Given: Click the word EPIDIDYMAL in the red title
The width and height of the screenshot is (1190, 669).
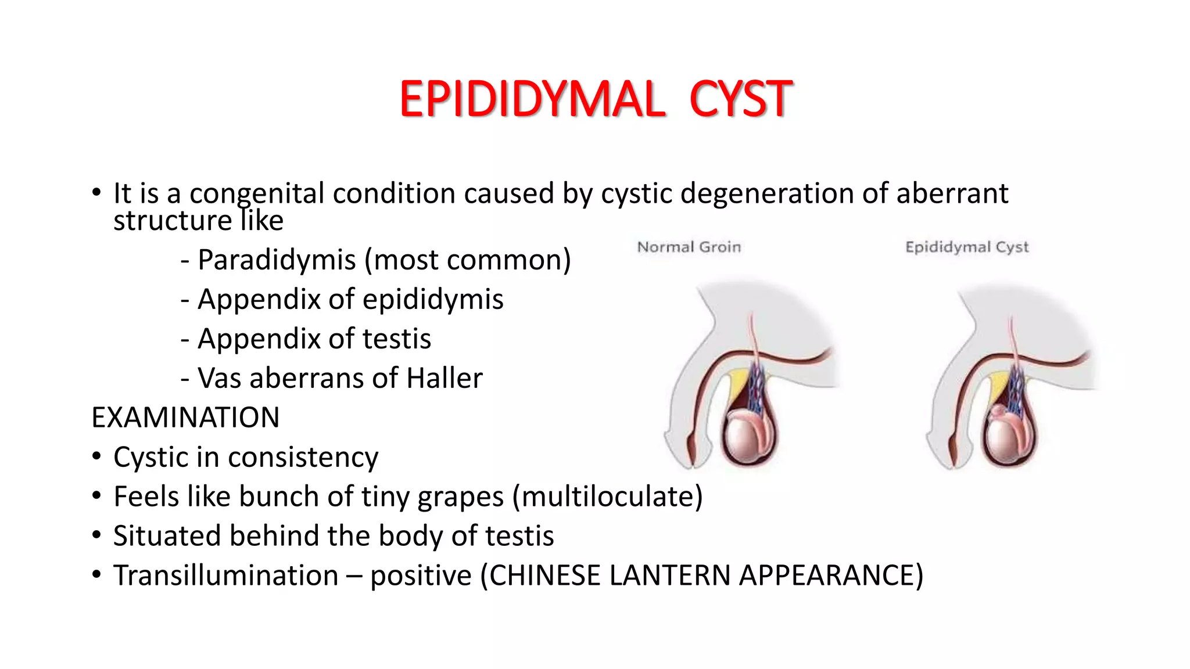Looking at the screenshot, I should tap(532, 99).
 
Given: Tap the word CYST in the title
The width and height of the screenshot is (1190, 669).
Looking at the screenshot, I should tap(741, 99).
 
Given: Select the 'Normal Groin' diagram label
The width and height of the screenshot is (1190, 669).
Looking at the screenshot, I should tap(689, 247).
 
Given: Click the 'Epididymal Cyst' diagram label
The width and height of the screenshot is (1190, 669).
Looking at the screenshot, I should tap(967, 247).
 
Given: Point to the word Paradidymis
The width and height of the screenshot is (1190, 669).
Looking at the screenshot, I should tap(277, 260).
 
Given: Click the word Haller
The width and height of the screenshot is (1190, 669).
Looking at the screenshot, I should tap(445, 378).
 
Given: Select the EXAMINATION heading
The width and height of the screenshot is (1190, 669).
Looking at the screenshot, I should tap(185, 418).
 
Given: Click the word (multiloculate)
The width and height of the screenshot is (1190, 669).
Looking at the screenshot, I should tap(608, 497).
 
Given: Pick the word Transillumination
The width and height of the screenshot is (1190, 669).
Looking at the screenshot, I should tap(226, 576).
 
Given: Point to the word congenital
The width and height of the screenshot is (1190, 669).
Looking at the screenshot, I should tap(257, 194).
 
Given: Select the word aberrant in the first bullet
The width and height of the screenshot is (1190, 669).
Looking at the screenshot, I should tap(952, 193).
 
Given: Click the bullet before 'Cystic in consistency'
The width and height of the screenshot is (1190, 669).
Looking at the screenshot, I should tap(96, 456).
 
